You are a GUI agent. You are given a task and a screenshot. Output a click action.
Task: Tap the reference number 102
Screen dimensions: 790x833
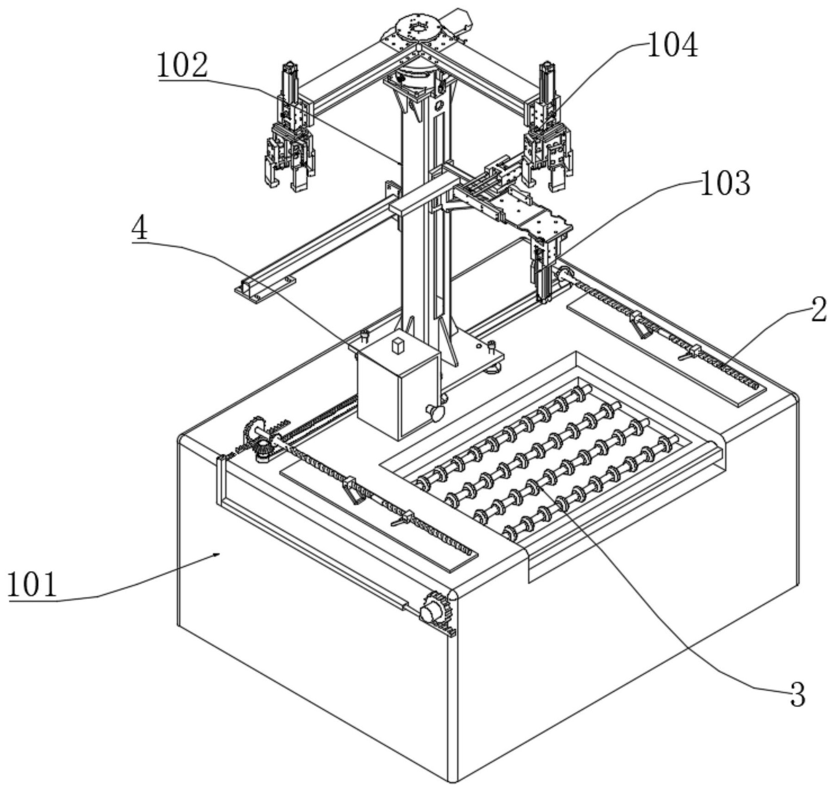point(182,66)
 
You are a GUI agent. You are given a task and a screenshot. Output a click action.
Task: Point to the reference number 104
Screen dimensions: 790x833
point(672,46)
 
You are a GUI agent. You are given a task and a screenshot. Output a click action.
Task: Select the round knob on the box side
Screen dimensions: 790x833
point(434,411)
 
